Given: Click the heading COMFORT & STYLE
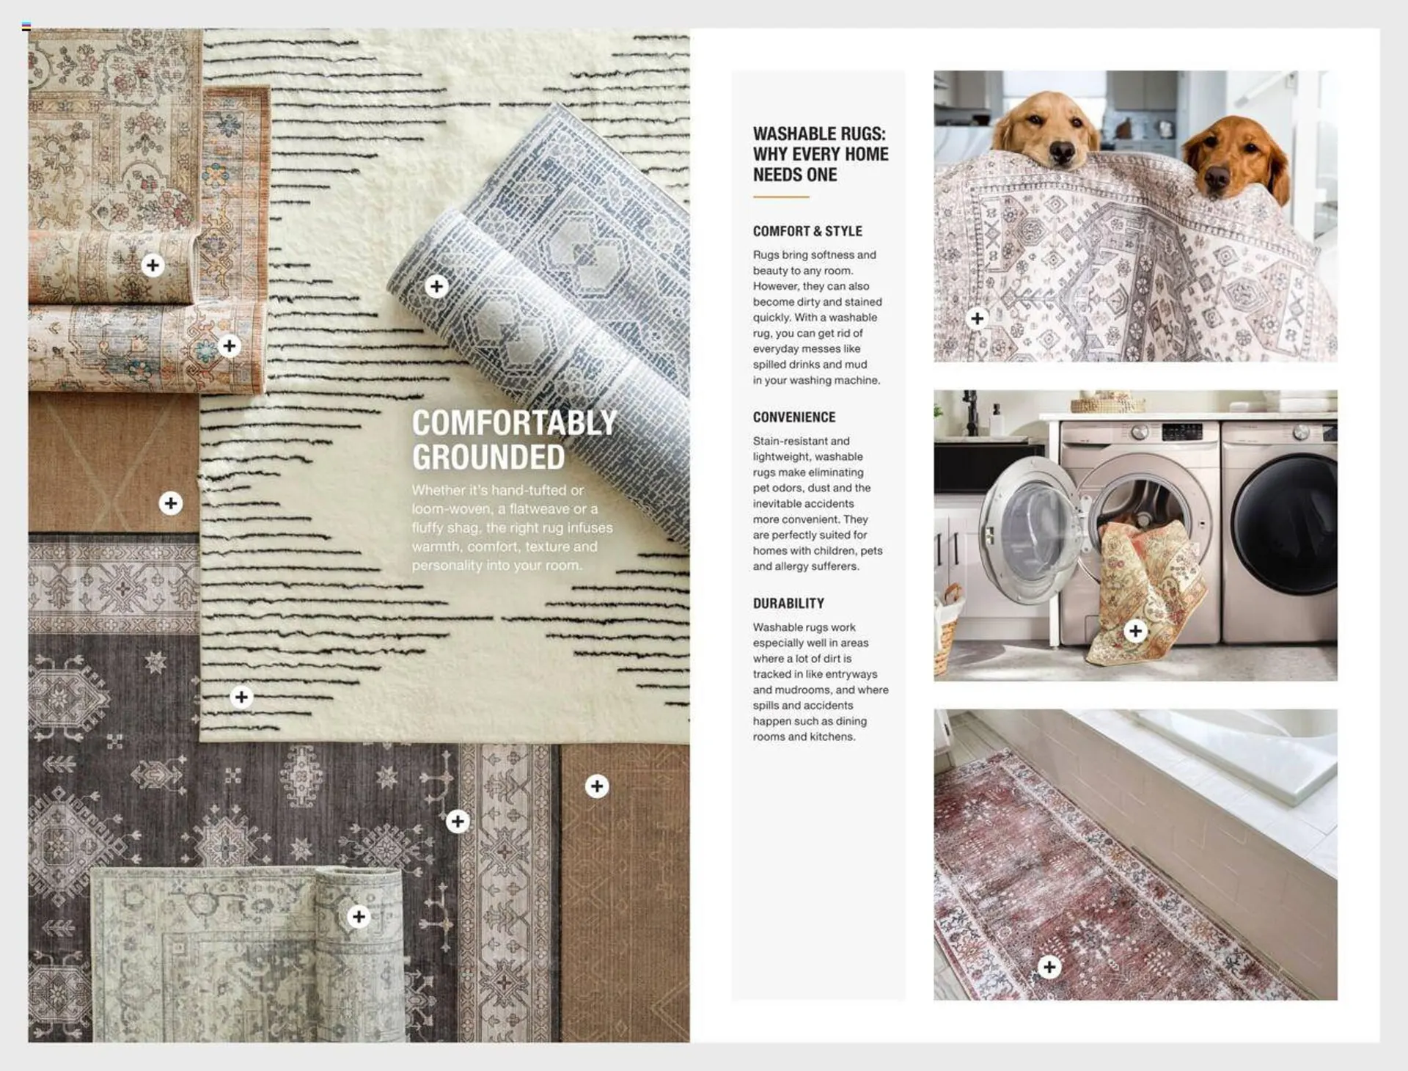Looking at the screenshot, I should click(x=807, y=231).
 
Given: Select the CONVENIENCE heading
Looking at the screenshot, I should click(x=793, y=417).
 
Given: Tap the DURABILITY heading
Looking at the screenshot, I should click(x=788, y=603).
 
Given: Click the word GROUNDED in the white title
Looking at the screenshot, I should click(x=488, y=457).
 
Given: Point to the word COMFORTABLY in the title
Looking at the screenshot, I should click(x=513, y=423).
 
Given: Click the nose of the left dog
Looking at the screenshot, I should click(x=1060, y=151).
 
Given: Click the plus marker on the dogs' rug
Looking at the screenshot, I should click(x=977, y=318).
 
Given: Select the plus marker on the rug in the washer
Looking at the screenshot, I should click(x=1135, y=631).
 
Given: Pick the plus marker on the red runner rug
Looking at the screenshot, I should click(x=1049, y=967).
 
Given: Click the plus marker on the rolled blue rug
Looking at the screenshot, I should click(x=436, y=286).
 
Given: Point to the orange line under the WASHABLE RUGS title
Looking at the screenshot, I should click(x=780, y=197).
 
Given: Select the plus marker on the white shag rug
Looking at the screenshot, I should click(x=241, y=696).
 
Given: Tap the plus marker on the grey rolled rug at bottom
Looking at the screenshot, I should click(x=359, y=915).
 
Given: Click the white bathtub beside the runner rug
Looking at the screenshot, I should click(x=1239, y=756).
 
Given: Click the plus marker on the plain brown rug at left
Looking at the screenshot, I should click(x=171, y=503).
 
